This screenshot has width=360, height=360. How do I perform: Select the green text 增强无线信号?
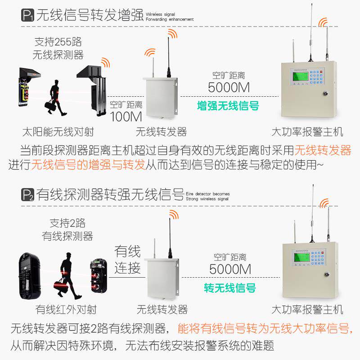point(228,106)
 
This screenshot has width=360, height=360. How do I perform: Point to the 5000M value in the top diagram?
point(229,87)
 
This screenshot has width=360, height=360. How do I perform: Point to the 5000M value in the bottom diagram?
point(230,270)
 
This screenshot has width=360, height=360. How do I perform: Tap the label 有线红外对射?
point(66,309)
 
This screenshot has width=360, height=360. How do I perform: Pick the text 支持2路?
point(67,223)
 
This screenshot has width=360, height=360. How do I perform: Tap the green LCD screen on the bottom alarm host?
point(301,256)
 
